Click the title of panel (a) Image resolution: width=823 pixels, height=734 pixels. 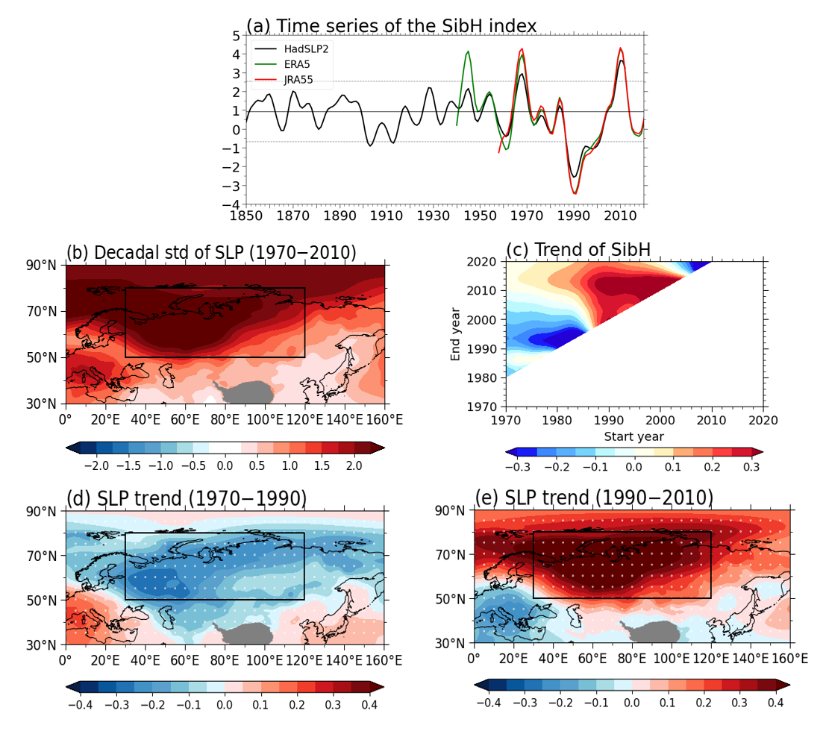pos(391,26)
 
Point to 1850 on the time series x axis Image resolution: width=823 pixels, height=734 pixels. pos(246,216)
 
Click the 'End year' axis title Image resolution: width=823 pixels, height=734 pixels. pos(456,334)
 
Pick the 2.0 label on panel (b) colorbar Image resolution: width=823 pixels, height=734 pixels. pos(354,465)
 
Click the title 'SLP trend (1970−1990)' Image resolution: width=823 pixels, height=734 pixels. pos(187,497)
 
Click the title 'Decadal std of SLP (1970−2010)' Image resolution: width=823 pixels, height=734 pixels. pos(211,253)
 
